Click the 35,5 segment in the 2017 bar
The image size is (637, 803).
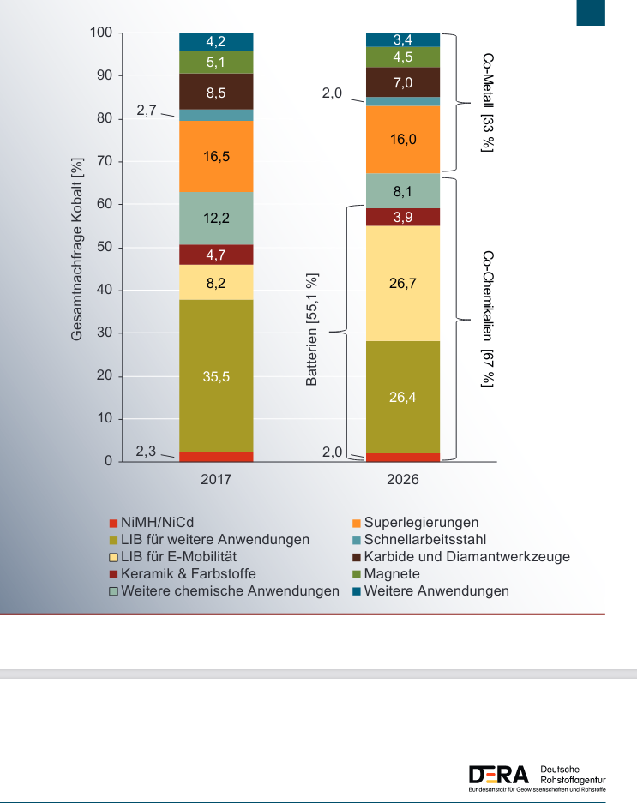(x=216, y=376)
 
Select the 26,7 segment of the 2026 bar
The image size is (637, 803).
(x=403, y=283)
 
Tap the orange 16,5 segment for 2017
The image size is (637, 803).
(x=216, y=157)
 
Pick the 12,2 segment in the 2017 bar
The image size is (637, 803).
(x=216, y=218)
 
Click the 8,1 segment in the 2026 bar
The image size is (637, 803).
(x=403, y=191)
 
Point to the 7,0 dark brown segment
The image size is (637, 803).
(x=403, y=82)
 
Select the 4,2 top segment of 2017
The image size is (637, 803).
(x=216, y=41)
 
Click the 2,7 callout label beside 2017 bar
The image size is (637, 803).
(x=147, y=111)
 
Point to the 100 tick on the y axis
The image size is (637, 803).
(x=101, y=33)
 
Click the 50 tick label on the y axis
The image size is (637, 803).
(x=105, y=248)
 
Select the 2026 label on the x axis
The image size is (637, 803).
(x=403, y=480)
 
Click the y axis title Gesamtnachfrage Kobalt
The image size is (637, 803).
(x=77, y=249)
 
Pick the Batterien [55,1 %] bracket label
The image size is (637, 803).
(x=312, y=330)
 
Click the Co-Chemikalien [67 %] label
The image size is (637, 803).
(x=488, y=319)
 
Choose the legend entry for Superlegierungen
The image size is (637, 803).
(x=420, y=522)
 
